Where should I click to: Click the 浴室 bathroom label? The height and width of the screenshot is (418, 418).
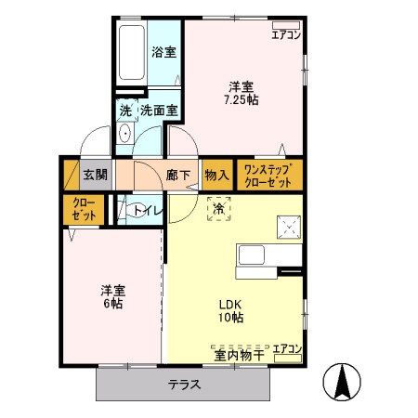click(163, 52)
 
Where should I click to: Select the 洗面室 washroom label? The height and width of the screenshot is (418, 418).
click(158, 111)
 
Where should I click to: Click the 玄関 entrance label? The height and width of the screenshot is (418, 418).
click(95, 174)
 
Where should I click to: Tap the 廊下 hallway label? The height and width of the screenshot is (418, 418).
click(178, 174)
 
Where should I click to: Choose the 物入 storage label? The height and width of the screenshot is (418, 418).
click(216, 174)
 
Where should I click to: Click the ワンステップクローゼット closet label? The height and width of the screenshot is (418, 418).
click(268, 175)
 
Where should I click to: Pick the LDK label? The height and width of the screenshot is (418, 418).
click(230, 304)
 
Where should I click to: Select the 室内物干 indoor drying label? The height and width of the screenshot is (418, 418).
click(240, 353)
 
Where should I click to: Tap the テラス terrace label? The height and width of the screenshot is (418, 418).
click(185, 385)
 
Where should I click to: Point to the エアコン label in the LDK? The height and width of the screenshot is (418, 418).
click(287, 347)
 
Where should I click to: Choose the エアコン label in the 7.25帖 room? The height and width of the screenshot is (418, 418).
click(285, 34)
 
